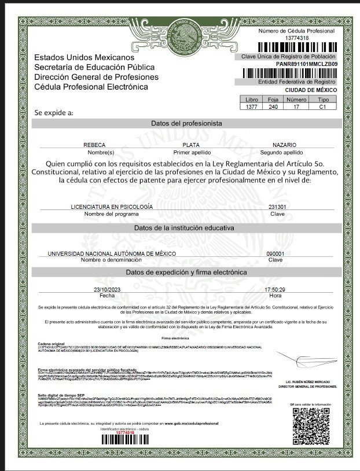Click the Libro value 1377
tap(251, 108)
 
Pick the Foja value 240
tap(273, 108)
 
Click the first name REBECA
tap(95, 145)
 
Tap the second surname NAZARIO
tap(285, 145)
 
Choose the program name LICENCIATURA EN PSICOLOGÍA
tap(112, 207)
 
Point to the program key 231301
tap(277, 207)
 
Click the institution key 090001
tap(275, 253)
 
